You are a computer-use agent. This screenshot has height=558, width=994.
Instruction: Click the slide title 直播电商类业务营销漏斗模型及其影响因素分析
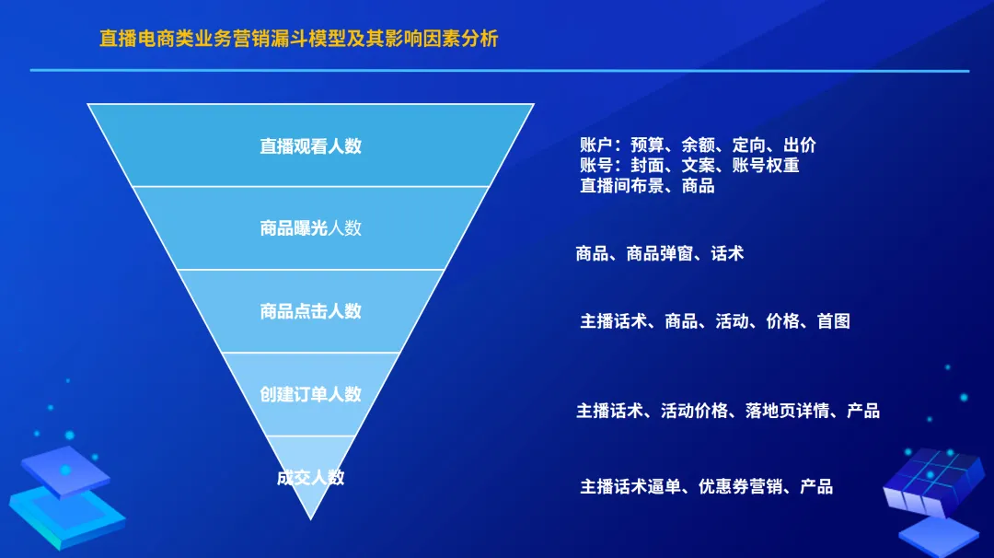coord(299,40)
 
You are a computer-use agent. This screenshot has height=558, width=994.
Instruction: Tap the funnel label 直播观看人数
coord(310,145)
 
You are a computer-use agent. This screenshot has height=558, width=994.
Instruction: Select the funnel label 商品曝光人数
coord(310,228)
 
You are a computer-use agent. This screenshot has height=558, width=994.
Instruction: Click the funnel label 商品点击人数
coord(310,311)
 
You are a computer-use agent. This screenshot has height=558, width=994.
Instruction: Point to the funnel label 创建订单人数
coord(310,394)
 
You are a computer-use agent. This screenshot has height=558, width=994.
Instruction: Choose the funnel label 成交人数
coord(310,477)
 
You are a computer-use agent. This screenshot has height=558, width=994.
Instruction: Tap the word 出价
coord(800,145)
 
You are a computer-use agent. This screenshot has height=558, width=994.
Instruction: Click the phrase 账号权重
coord(766,166)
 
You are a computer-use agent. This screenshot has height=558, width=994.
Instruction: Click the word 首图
coord(834,321)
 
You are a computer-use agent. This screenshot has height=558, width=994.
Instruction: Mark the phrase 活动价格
coord(695,411)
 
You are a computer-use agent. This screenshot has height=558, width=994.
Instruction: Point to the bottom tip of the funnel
coord(311,517)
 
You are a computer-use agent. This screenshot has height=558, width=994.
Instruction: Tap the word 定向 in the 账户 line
coord(749,145)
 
